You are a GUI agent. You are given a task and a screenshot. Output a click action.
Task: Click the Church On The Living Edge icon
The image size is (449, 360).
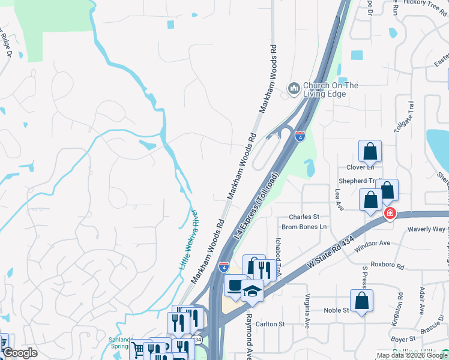[294, 89]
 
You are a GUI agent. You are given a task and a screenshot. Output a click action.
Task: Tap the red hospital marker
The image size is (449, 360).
[390, 213]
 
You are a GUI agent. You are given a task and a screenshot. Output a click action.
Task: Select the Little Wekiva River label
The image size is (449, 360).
[188, 239]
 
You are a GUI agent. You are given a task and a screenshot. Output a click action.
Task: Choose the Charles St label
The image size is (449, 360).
[304, 217]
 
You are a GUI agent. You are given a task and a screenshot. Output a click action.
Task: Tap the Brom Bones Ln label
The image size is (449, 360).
[304, 227]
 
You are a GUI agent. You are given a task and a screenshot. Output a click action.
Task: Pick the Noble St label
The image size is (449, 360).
[337, 310]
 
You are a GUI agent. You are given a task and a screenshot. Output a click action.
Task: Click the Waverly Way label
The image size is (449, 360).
[426, 229]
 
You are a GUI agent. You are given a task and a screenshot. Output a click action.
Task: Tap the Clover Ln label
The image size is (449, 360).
[360, 167]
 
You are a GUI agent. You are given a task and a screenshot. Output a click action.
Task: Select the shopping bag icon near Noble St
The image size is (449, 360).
[361, 301]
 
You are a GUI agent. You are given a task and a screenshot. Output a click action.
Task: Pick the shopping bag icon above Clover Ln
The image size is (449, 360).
[370, 152]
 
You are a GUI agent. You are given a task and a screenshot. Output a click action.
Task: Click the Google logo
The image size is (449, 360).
[20, 353]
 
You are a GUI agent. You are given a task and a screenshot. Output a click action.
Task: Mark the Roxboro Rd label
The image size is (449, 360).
[385, 263]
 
